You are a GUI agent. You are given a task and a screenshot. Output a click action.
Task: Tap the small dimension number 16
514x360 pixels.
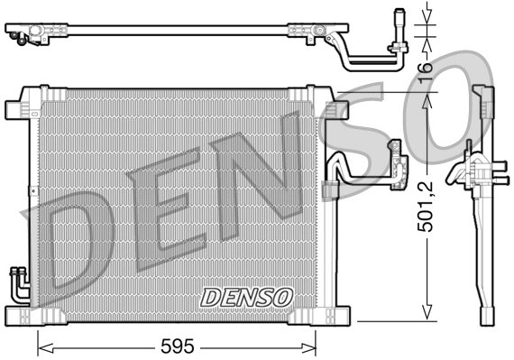427,66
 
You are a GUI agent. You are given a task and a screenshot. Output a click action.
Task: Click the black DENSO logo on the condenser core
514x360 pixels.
246,296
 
